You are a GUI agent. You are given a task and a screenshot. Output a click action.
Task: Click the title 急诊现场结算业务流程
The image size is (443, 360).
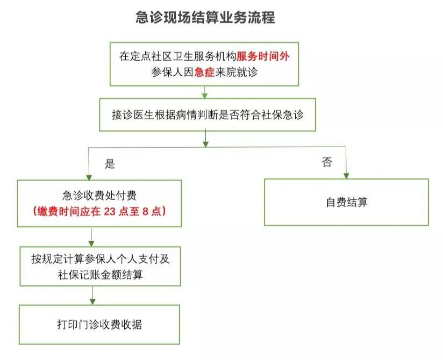pos(205,18)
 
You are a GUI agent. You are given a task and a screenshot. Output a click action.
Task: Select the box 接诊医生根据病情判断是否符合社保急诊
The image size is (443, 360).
pos(207,115)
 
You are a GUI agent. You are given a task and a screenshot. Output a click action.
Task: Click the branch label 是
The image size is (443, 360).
pos(110,164)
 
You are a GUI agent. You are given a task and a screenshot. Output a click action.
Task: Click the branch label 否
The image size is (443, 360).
pos(327,162)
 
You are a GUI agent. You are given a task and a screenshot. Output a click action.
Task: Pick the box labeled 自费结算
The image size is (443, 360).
pos(346,202)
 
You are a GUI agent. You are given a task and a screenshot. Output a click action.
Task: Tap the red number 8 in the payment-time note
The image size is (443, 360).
pos(150,211)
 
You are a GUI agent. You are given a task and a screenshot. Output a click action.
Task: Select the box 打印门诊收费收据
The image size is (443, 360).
pos(99,325)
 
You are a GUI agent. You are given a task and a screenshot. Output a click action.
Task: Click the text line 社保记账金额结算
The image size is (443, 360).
pos(100,275)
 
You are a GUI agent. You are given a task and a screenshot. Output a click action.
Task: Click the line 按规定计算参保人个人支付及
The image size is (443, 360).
pos(100,259)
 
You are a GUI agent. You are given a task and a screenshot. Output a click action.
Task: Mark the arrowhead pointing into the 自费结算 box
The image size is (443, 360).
pos(346,176)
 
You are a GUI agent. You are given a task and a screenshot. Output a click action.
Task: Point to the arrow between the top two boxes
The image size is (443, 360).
pos(205,92)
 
